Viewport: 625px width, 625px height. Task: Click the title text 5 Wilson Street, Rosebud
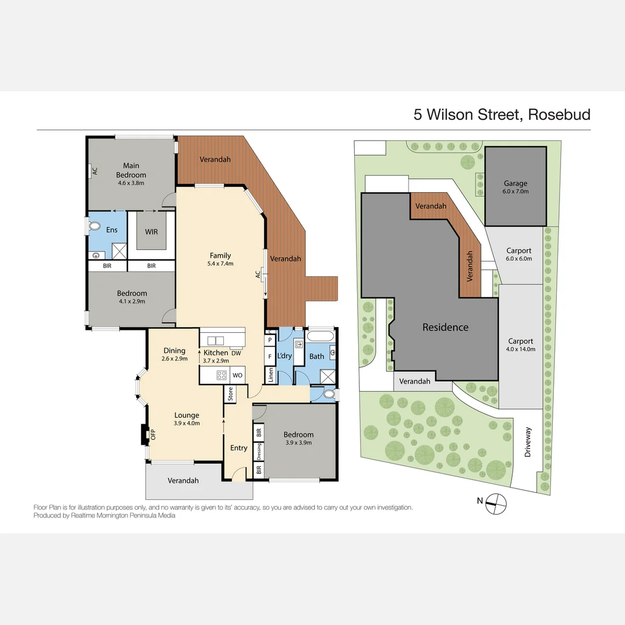tap(502, 115)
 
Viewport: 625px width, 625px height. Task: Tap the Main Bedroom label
tap(131, 171)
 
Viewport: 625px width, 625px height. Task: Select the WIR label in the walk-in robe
tap(151, 232)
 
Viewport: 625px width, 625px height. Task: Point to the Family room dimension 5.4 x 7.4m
tap(220, 264)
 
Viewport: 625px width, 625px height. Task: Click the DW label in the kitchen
tap(236, 353)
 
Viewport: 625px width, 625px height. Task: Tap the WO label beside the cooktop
tap(237, 375)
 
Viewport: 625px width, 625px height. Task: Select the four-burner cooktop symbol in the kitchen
tap(221, 375)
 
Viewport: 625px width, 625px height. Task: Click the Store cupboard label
tap(230, 395)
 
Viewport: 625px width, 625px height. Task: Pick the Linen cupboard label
tap(270, 374)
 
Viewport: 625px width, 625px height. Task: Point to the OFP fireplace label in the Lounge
tap(153, 435)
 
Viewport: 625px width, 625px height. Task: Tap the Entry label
tap(238, 448)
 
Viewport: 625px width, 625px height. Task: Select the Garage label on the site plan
tap(516, 183)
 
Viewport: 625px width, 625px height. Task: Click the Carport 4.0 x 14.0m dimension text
tap(521, 350)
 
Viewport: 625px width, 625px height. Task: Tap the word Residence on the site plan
tap(445, 328)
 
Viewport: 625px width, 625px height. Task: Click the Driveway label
tap(528, 442)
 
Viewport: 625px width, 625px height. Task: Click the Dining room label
tap(174, 351)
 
